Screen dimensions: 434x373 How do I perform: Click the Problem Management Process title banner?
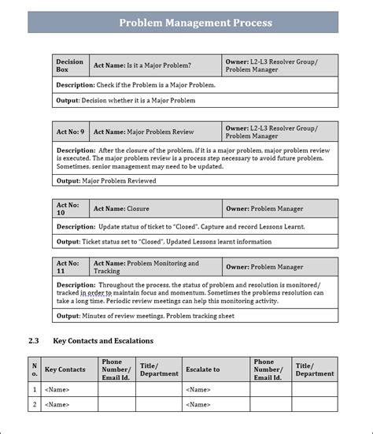[x=195, y=23]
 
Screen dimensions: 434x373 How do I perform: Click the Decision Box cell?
[x=71, y=65]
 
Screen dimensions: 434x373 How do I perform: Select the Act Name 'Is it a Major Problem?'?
[x=142, y=65]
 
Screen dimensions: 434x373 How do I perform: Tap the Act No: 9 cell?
[x=71, y=132]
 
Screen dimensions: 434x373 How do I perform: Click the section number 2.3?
[x=33, y=341]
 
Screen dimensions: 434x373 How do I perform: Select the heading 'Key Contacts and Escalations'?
[x=102, y=341]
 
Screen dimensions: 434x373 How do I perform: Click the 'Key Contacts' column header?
[x=65, y=369]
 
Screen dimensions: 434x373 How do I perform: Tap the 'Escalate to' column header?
[x=202, y=369]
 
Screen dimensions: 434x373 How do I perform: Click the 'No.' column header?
[x=34, y=369]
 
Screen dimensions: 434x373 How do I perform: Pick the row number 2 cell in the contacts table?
[x=34, y=405]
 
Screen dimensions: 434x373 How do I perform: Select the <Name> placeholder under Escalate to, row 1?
[x=198, y=389]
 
